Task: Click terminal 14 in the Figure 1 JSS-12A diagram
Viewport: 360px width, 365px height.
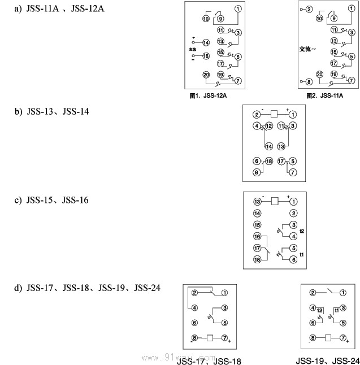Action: coord(206,42)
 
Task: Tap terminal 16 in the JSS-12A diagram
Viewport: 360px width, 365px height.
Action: coord(206,56)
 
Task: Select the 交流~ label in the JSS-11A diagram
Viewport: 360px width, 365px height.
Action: coord(307,49)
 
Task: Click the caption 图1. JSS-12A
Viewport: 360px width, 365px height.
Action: coord(208,96)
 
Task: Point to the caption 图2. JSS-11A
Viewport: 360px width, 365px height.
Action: coord(324,96)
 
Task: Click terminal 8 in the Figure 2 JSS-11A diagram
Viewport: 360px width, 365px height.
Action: coord(309,81)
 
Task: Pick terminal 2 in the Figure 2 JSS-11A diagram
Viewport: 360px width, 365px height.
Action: coord(309,10)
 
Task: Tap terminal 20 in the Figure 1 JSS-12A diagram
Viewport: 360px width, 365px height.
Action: coord(206,75)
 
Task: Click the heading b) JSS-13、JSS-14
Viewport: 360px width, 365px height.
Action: coord(51,111)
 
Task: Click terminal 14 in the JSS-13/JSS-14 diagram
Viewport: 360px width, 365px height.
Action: coord(268,146)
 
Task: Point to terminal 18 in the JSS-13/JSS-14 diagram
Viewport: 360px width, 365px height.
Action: coord(268,161)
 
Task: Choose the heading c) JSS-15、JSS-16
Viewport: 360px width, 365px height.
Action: coord(51,200)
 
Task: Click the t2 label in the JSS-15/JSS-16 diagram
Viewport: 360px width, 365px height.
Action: coord(302,231)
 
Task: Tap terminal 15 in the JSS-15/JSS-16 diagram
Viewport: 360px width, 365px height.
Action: coord(257,225)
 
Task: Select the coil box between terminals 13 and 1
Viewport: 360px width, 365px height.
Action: coord(275,201)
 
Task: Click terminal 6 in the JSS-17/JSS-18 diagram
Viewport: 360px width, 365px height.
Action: coord(194,323)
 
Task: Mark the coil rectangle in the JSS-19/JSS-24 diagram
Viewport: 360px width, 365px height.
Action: coord(327,338)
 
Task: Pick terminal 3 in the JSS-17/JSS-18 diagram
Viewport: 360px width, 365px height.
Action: coord(224,308)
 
